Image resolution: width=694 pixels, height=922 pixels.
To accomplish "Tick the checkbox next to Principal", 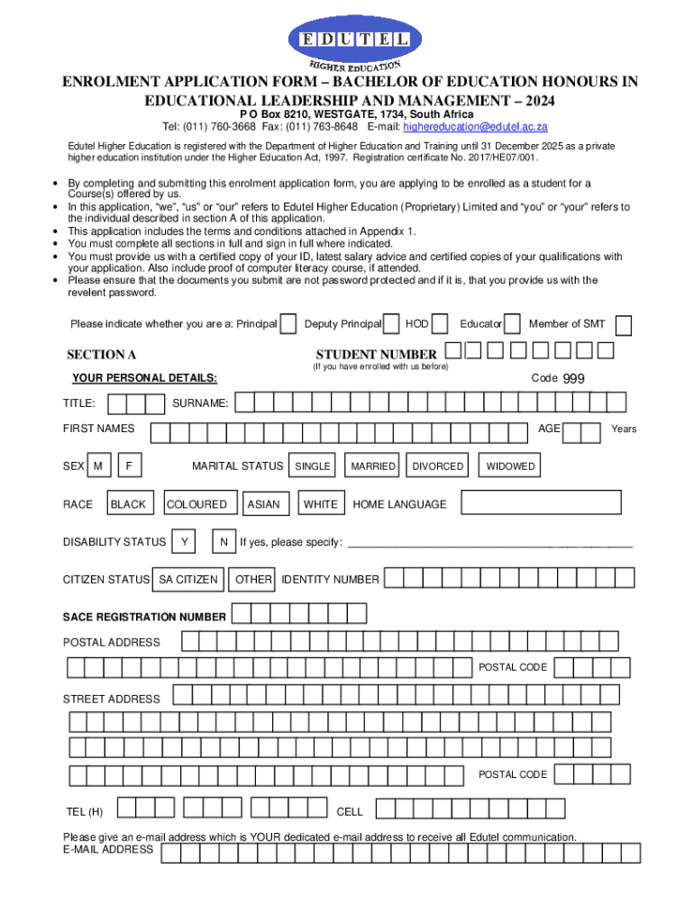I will pos(288,324).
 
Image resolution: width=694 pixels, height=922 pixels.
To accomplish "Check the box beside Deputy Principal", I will pos(392,324).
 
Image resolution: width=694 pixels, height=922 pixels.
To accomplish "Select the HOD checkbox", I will pos(441,324).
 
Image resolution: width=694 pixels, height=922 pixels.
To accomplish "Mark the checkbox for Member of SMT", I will pos(623,325).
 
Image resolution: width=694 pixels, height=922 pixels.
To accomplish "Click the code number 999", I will pos(574,379).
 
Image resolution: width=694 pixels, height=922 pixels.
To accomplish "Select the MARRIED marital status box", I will pos(372,466).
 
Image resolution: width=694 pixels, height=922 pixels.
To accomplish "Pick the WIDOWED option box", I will pos(510,466).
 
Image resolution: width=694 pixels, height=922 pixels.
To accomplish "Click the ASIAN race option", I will pos(263,504).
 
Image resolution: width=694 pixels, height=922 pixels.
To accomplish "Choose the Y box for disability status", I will pos(184,541).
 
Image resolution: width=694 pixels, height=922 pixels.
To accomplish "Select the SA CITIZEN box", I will pos(188,579).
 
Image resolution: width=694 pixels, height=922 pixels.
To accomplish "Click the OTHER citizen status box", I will pos(253,579).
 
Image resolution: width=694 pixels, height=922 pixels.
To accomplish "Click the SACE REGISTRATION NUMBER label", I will pos(144,617).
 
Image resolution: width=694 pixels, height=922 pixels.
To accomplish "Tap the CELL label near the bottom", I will pos(350,811).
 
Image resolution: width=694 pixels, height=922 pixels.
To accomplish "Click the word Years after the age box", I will pos(624,429).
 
